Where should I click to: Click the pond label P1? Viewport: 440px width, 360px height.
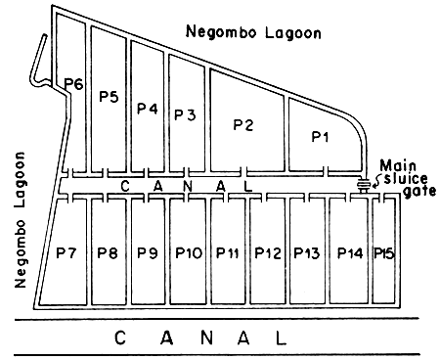coord(320,137)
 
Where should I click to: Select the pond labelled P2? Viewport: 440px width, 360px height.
coord(243,124)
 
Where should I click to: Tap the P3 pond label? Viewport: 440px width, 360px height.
coord(185,114)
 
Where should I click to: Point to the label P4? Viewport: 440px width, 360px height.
coord(147,108)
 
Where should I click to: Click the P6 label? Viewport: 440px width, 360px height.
coord(71,84)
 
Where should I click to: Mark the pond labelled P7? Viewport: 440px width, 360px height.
coord(66,253)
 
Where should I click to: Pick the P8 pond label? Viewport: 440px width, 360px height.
coord(107,253)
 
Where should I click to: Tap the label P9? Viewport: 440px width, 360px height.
coord(147,253)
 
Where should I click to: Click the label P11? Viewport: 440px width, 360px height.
coord(227,253)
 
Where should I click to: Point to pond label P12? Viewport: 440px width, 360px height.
coord(267,253)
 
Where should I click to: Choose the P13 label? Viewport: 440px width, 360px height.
coord(306,253)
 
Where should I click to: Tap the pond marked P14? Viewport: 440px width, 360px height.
coord(349,253)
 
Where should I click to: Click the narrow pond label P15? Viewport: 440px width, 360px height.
coord(383,253)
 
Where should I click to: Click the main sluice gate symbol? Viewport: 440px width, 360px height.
coord(364,185)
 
